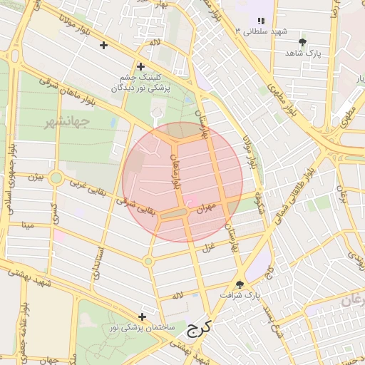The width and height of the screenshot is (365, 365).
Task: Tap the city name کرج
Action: point(201,331)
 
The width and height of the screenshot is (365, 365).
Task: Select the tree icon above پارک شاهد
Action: point(302,42)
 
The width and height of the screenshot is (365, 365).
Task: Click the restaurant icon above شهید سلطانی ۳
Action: point(261,21)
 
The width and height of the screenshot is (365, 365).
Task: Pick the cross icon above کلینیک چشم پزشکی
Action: point(140,66)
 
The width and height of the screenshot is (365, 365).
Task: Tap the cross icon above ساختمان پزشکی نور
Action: point(142,317)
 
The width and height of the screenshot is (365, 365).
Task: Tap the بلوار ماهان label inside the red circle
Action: point(175,169)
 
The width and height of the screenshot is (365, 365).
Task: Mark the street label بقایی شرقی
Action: point(134,204)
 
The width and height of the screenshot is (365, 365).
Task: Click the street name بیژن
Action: point(36,175)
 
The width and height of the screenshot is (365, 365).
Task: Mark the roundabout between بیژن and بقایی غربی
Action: point(56,177)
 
